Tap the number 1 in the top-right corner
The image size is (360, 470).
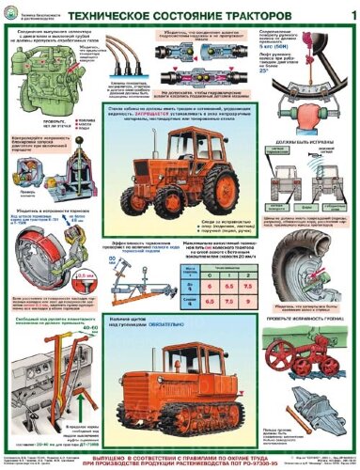click(339, 16)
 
